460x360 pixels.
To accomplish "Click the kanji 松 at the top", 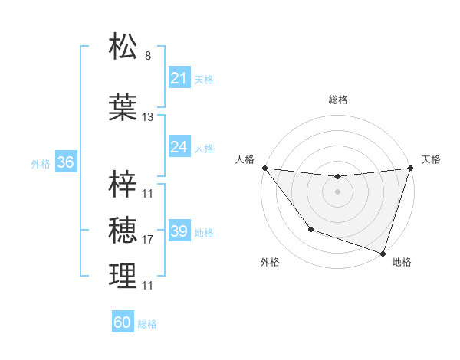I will pos(123,47).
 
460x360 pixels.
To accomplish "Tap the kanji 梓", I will pos(123,184).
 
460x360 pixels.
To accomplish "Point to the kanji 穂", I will pos(123,229).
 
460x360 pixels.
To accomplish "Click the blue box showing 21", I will pos(179,78).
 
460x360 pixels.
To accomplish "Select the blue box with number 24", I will pos(179,147).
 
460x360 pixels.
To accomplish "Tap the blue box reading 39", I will pos(179,231).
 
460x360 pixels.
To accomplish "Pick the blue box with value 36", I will pos(65,162).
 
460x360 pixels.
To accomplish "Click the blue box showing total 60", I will pos(123,322).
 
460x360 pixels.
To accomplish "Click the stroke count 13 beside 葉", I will pos(148,117).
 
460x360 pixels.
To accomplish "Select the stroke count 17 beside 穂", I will pos(148,240).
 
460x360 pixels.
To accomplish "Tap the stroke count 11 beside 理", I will pos(148,286).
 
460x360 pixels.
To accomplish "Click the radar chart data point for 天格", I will pos(410,168).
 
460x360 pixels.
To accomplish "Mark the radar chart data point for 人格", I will pos(264,168).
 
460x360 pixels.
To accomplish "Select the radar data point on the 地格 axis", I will pos(383,253).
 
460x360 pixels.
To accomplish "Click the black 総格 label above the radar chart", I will pos(337,100).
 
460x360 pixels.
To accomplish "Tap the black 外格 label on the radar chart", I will pos(270,262).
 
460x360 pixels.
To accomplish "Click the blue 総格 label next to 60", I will pos(147,324).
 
